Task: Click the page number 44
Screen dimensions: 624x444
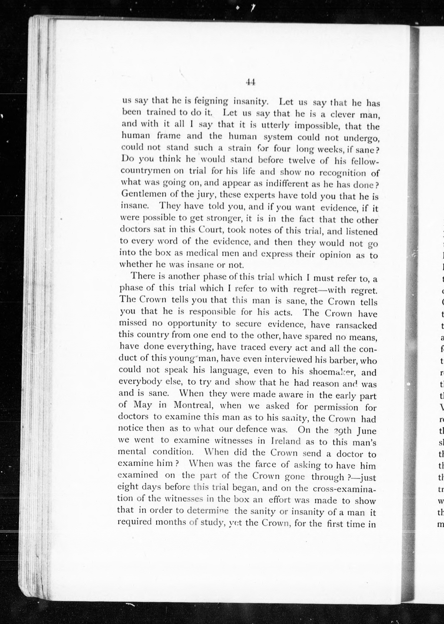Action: pyautogui.click(x=250, y=82)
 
